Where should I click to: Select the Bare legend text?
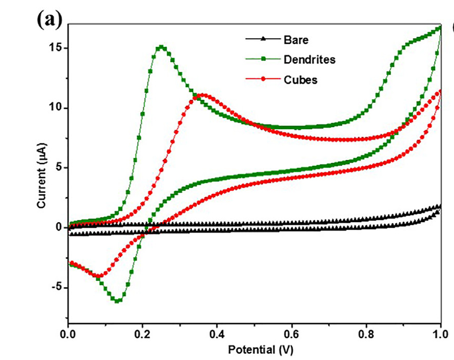point(296,40)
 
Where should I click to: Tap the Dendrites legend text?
point(310,59)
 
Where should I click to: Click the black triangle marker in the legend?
point(263,39)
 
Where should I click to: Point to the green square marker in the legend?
point(263,59)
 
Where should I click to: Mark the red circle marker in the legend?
point(263,79)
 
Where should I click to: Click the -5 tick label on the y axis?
point(56,288)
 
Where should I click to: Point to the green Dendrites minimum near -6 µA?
point(118,301)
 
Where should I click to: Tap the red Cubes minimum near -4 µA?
point(100,276)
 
